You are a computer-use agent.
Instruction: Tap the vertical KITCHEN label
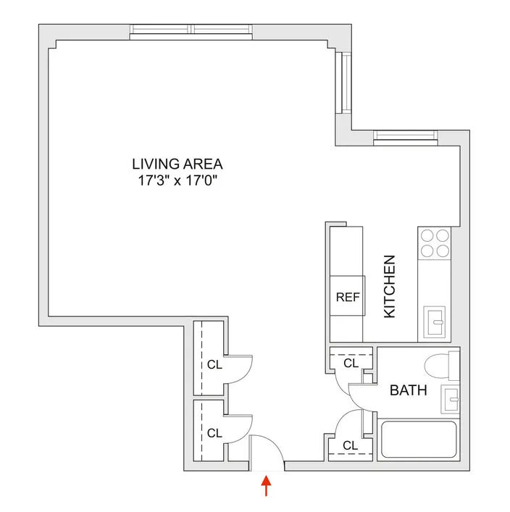(389, 286)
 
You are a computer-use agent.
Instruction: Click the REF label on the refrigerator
(347, 297)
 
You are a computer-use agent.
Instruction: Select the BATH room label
(408, 391)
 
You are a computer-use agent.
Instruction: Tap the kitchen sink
(437, 319)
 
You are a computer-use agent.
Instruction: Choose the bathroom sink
(451, 397)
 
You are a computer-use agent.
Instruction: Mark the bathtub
(419, 439)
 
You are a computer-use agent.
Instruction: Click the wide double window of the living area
(192, 30)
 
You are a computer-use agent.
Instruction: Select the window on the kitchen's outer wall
(406, 135)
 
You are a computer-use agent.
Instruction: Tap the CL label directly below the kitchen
(351, 363)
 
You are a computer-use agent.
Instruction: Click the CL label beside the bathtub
(351, 445)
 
